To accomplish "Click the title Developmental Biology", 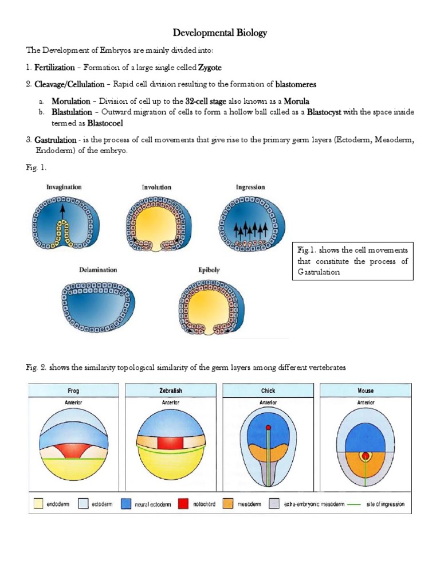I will click(221, 33).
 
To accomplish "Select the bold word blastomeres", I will click(296, 84).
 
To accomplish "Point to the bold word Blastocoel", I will click(105, 123).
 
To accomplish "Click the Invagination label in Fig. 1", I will click(64, 187).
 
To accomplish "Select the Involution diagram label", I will click(156, 187).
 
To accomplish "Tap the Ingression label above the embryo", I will click(250, 187).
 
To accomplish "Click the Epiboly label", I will click(209, 270).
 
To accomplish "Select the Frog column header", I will click(73, 390).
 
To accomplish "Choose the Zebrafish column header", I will click(171, 390).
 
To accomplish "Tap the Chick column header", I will click(268, 390).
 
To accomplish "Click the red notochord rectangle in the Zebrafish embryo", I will click(171, 443).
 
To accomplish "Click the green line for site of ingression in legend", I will click(367, 504).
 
